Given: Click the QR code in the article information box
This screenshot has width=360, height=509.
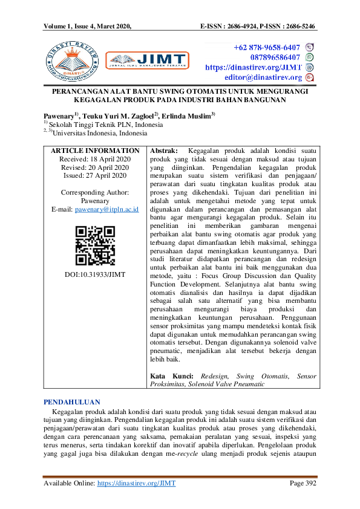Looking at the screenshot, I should click(x=95, y=245).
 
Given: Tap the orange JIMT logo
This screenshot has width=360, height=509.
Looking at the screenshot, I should click(x=144, y=60).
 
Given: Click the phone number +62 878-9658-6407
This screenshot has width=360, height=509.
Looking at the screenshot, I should click(x=267, y=47).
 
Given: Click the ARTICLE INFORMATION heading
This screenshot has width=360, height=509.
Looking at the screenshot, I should click(x=95, y=150).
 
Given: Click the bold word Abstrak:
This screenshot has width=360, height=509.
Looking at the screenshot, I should click(x=163, y=150).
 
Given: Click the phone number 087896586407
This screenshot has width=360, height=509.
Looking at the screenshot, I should click(x=270, y=57).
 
